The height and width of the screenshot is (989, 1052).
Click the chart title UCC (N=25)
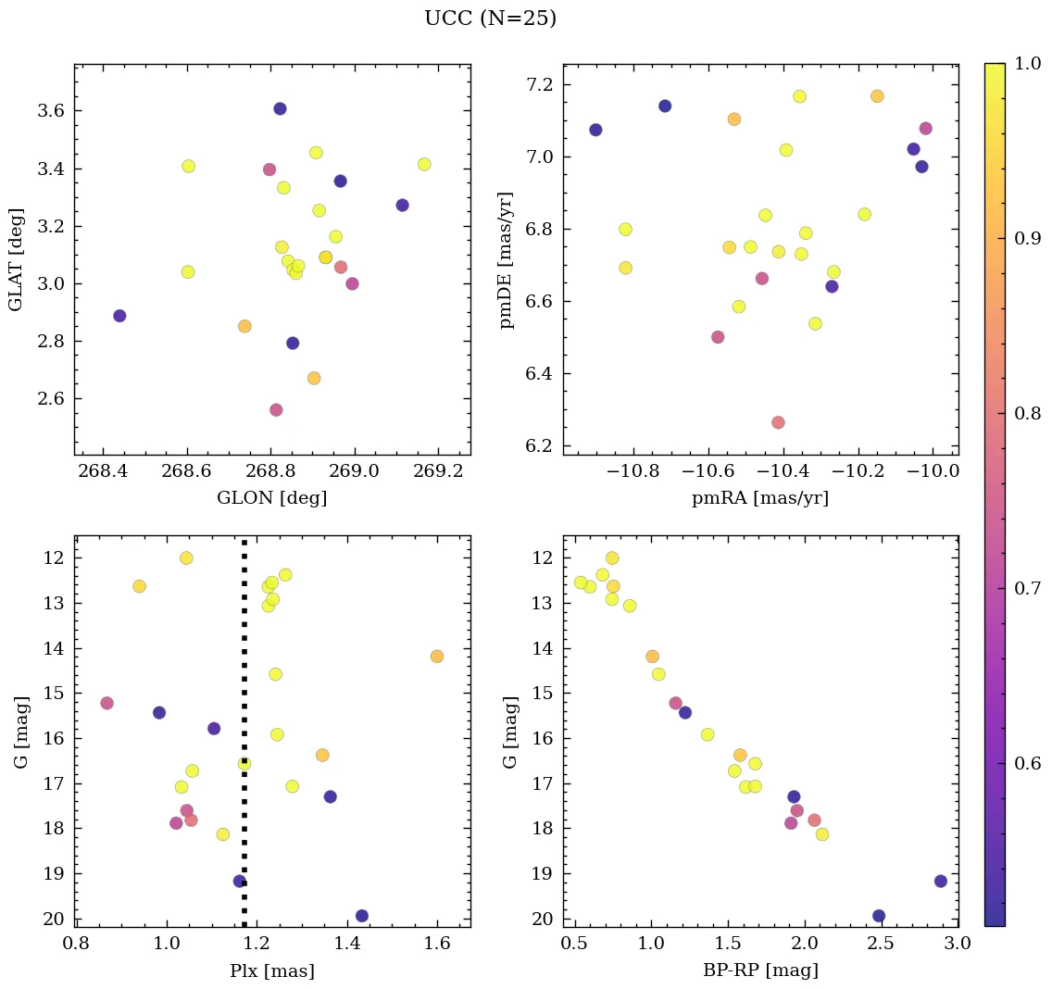pyautogui.click(x=490, y=19)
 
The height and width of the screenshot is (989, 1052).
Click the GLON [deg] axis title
pyautogui.click(x=271, y=498)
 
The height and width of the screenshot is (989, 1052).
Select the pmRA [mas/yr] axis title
pyautogui.click(x=759, y=498)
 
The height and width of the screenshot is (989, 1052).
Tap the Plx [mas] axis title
pyautogui.click(x=271, y=971)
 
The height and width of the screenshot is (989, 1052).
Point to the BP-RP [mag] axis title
pyautogui.click(x=759, y=971)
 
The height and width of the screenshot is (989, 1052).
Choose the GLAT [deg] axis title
pyautogui.click(x=16, y=259)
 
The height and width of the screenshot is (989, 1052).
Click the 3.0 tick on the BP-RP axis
pyautogui.click(x=956, y=944)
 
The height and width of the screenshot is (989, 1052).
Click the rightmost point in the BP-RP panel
pyautogui.click(x=941, y=881)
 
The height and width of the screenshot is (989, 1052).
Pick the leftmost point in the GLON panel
pyautogui.click(x=119, y=316)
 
